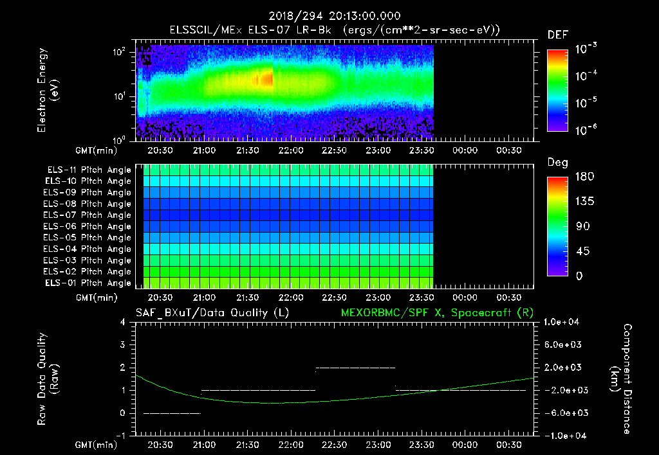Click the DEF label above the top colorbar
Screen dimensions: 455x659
(557, 35)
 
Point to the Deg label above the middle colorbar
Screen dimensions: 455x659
(557, 163)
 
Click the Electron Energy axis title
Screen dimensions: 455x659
(48, 90)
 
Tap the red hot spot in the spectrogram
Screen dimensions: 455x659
(265, 79)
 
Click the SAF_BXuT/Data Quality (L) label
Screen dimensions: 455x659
(212, 312)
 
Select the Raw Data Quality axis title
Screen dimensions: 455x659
(48, 379)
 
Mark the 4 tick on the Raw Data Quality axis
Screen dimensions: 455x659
(123, 322)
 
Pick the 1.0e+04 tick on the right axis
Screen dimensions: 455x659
(563, 322)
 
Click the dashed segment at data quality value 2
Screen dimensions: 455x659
(355, 368)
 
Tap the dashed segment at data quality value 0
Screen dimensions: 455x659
(172, 413)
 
